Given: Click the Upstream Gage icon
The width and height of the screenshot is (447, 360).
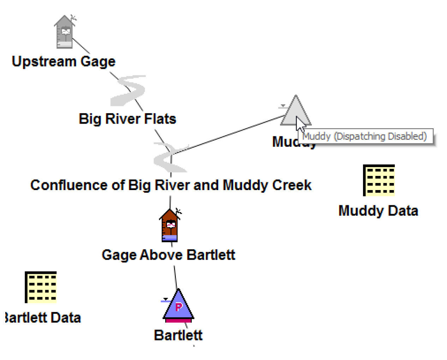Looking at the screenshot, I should [65, 32].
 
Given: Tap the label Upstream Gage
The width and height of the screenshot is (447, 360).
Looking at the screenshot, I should [64, 61].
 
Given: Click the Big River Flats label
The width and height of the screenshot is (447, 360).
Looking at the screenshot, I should [127, 119].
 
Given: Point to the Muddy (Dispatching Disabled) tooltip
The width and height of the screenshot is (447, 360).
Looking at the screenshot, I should [365, 136].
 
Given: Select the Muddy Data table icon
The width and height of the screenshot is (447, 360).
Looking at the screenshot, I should [379, 180].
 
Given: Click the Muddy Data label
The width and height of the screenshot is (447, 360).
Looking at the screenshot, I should [378, 211].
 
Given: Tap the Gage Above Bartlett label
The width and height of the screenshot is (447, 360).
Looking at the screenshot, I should [168, 255].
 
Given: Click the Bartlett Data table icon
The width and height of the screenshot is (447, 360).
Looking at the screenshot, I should [41, 287].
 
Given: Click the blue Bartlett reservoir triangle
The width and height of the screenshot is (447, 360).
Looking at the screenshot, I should [178, 306].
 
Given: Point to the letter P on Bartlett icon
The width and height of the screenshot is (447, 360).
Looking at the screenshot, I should [179, 307].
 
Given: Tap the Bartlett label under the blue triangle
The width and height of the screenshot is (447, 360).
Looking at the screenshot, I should [178, 335].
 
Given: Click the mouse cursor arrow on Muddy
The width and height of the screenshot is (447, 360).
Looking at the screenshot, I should [300, 124].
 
